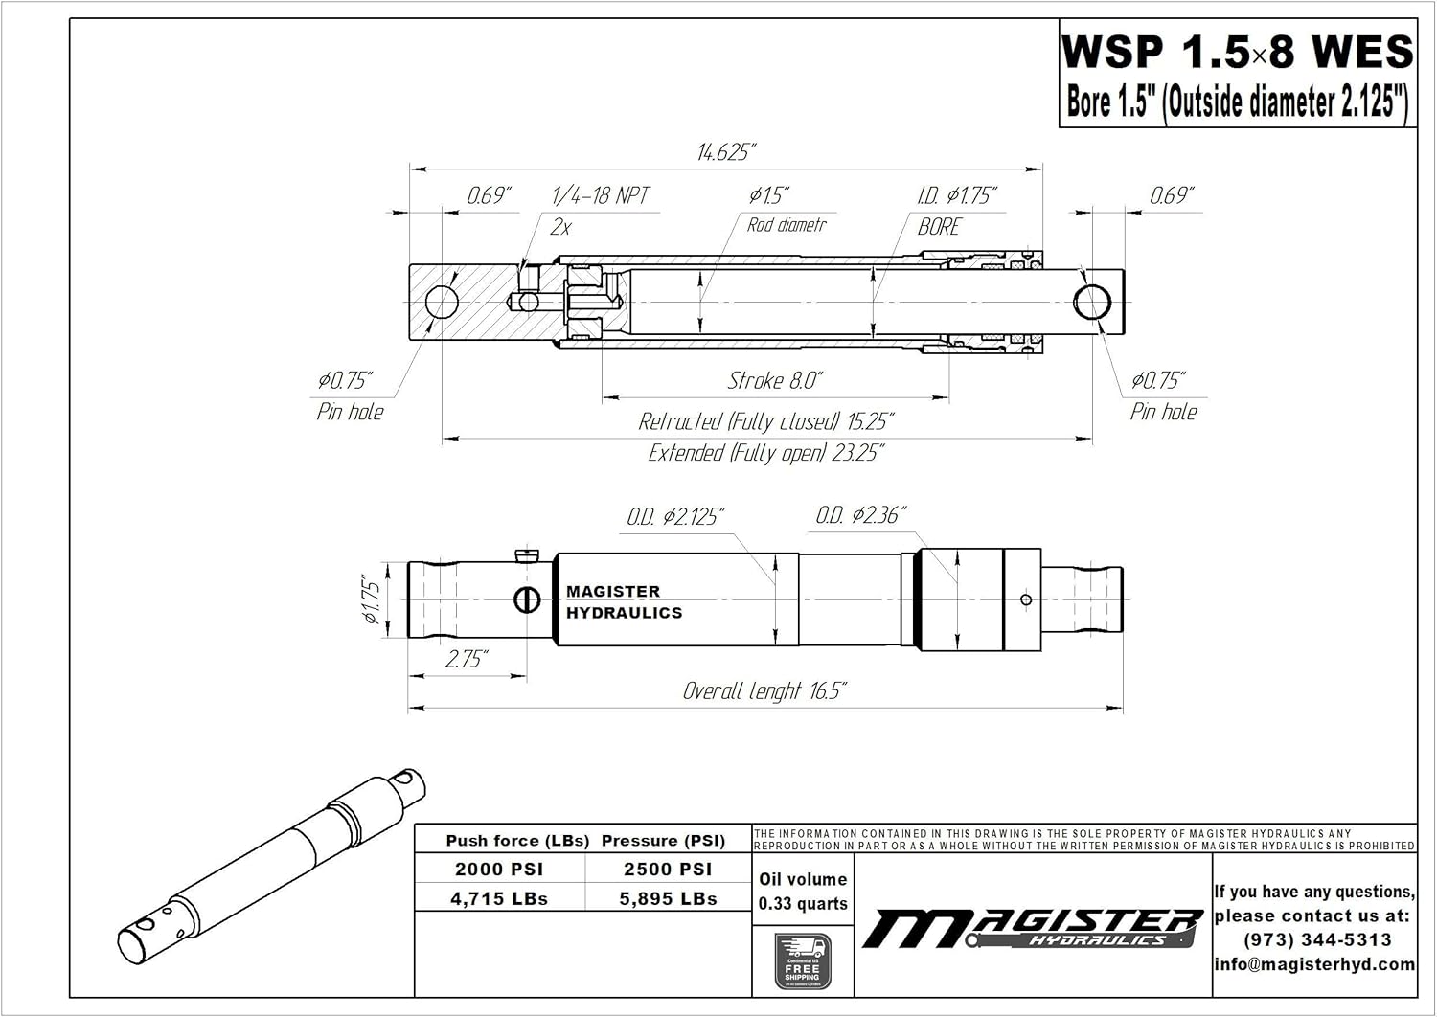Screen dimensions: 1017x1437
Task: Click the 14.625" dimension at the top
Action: (725, 152)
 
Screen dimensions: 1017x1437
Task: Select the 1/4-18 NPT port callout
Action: (601, 196)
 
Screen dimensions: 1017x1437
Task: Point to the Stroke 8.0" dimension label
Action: (775, 381)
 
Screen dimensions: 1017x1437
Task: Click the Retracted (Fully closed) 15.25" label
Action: (766, 421)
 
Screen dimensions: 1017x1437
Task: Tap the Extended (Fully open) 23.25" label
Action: (765, 453)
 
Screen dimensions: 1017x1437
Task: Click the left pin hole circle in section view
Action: (443, 303)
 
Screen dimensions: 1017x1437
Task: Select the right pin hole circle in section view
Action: (1092, 303)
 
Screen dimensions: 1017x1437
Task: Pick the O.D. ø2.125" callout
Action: (675, 517)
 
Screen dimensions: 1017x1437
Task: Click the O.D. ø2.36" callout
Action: (860, 515)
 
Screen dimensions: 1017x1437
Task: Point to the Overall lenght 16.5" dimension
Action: (764, 691)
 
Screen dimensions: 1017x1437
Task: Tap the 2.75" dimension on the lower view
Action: (467, 660)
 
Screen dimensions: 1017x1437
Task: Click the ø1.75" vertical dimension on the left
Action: (372, 599)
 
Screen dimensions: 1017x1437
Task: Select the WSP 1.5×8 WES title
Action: (1237, 52)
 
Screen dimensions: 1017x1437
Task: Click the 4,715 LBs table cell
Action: (499, 899)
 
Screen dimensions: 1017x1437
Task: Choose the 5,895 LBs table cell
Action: (668, 899)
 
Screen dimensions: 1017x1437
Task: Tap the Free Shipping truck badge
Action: (803, 961)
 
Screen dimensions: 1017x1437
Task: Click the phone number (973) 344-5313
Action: (1317, 940)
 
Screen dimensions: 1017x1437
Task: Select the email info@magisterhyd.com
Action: (1314, 964)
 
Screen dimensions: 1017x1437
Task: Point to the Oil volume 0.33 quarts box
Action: (803, 892)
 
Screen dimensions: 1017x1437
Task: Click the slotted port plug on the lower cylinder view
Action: (527, 599)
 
